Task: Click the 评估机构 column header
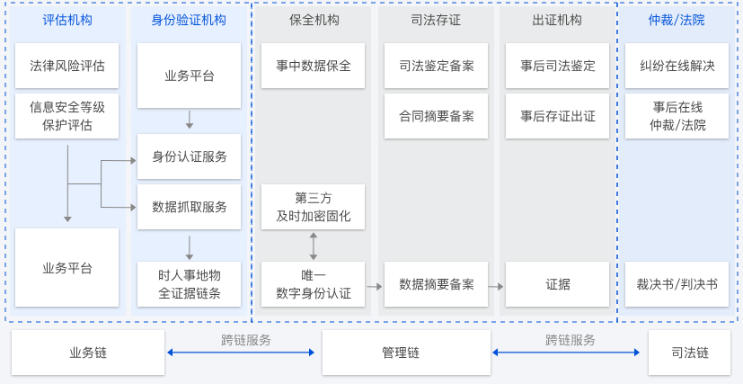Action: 67,20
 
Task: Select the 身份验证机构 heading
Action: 190,20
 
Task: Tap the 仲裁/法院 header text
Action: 677,20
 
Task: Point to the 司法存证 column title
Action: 436,20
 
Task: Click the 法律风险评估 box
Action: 67,66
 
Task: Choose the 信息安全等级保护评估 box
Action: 67,117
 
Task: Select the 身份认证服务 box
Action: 190,156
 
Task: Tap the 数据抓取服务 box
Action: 190,207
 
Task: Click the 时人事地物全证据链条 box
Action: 190,284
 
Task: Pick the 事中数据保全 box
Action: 314,66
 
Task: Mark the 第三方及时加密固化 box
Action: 314,207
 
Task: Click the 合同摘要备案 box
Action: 436,117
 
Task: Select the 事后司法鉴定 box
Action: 557,66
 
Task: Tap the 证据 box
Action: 557,284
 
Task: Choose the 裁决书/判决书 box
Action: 677,284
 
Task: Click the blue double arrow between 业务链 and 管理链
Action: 243,353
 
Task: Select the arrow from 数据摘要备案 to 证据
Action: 496,285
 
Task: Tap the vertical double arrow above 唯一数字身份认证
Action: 314,246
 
